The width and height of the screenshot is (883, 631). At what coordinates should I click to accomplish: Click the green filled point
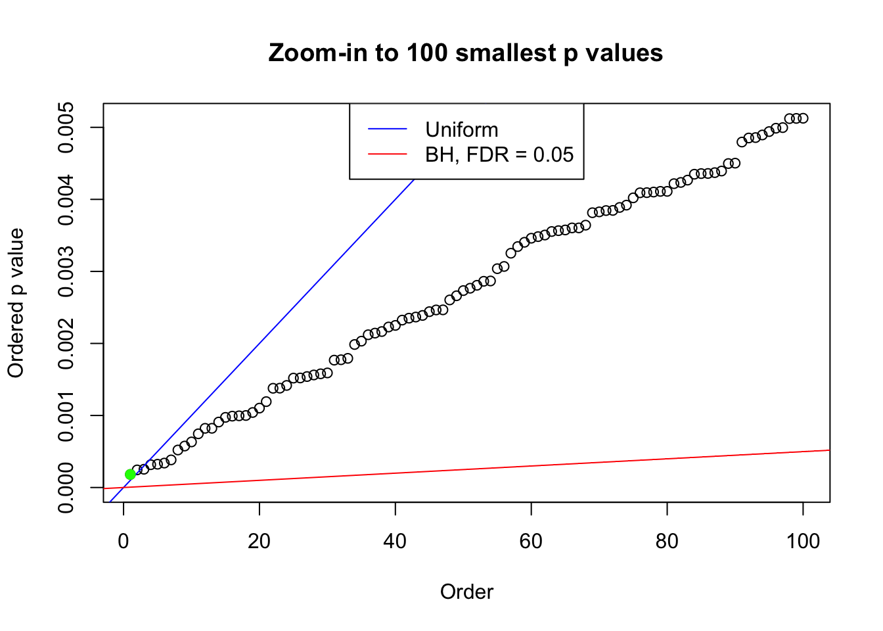pyautogui.click(x=130, y=474)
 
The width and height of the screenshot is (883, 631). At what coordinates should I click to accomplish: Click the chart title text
pyautogui.click(x=466, y=53)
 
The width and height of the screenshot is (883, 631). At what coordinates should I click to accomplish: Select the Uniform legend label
pyautogui.click(x=461, y=129)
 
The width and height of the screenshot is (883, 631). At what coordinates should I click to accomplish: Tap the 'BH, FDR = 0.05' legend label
pyautogui.click(x=499, y=154)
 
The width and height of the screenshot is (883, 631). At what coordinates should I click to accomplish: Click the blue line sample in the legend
pyautogui.click(x=388, y=129)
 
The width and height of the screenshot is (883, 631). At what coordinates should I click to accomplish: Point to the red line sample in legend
pyautogui.click(x=388, y=154)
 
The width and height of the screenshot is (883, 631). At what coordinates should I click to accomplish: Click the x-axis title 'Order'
pyautogui.click(x=466, y=592)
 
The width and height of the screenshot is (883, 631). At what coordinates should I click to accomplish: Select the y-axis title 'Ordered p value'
pyautogui.click(x=16, y=303)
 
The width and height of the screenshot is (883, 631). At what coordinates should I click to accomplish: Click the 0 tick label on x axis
pyautogui.click(x=124, y=541)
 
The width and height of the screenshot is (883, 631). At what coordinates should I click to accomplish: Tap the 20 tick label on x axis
pyautogui.click(x=260, y=541)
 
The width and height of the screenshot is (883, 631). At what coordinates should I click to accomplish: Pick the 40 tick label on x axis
pyautogui.click(x=396, y=541)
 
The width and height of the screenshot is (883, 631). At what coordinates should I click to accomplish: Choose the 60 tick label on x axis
pyautogui.click(x=531, y=541)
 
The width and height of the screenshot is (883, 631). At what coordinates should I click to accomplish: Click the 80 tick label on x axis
pyautogui.click(x=667, y=541)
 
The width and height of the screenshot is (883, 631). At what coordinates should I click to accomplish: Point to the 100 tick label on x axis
pyautogui.click(x=803, y=541)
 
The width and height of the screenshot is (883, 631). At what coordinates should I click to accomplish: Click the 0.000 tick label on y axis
pyautogui.click(x=66, y=487)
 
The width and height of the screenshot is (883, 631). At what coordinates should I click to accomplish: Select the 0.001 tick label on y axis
pyautogui.click(x=66, y=415)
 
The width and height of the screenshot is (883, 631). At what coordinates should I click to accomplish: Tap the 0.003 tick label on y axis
pyautogui.click(x=66, y=271)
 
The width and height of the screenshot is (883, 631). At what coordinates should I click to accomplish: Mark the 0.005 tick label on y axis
pyautogui.click(x=66, y=128)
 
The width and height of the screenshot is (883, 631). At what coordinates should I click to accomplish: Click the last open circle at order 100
pyautogui.click(x=803, y=118)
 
